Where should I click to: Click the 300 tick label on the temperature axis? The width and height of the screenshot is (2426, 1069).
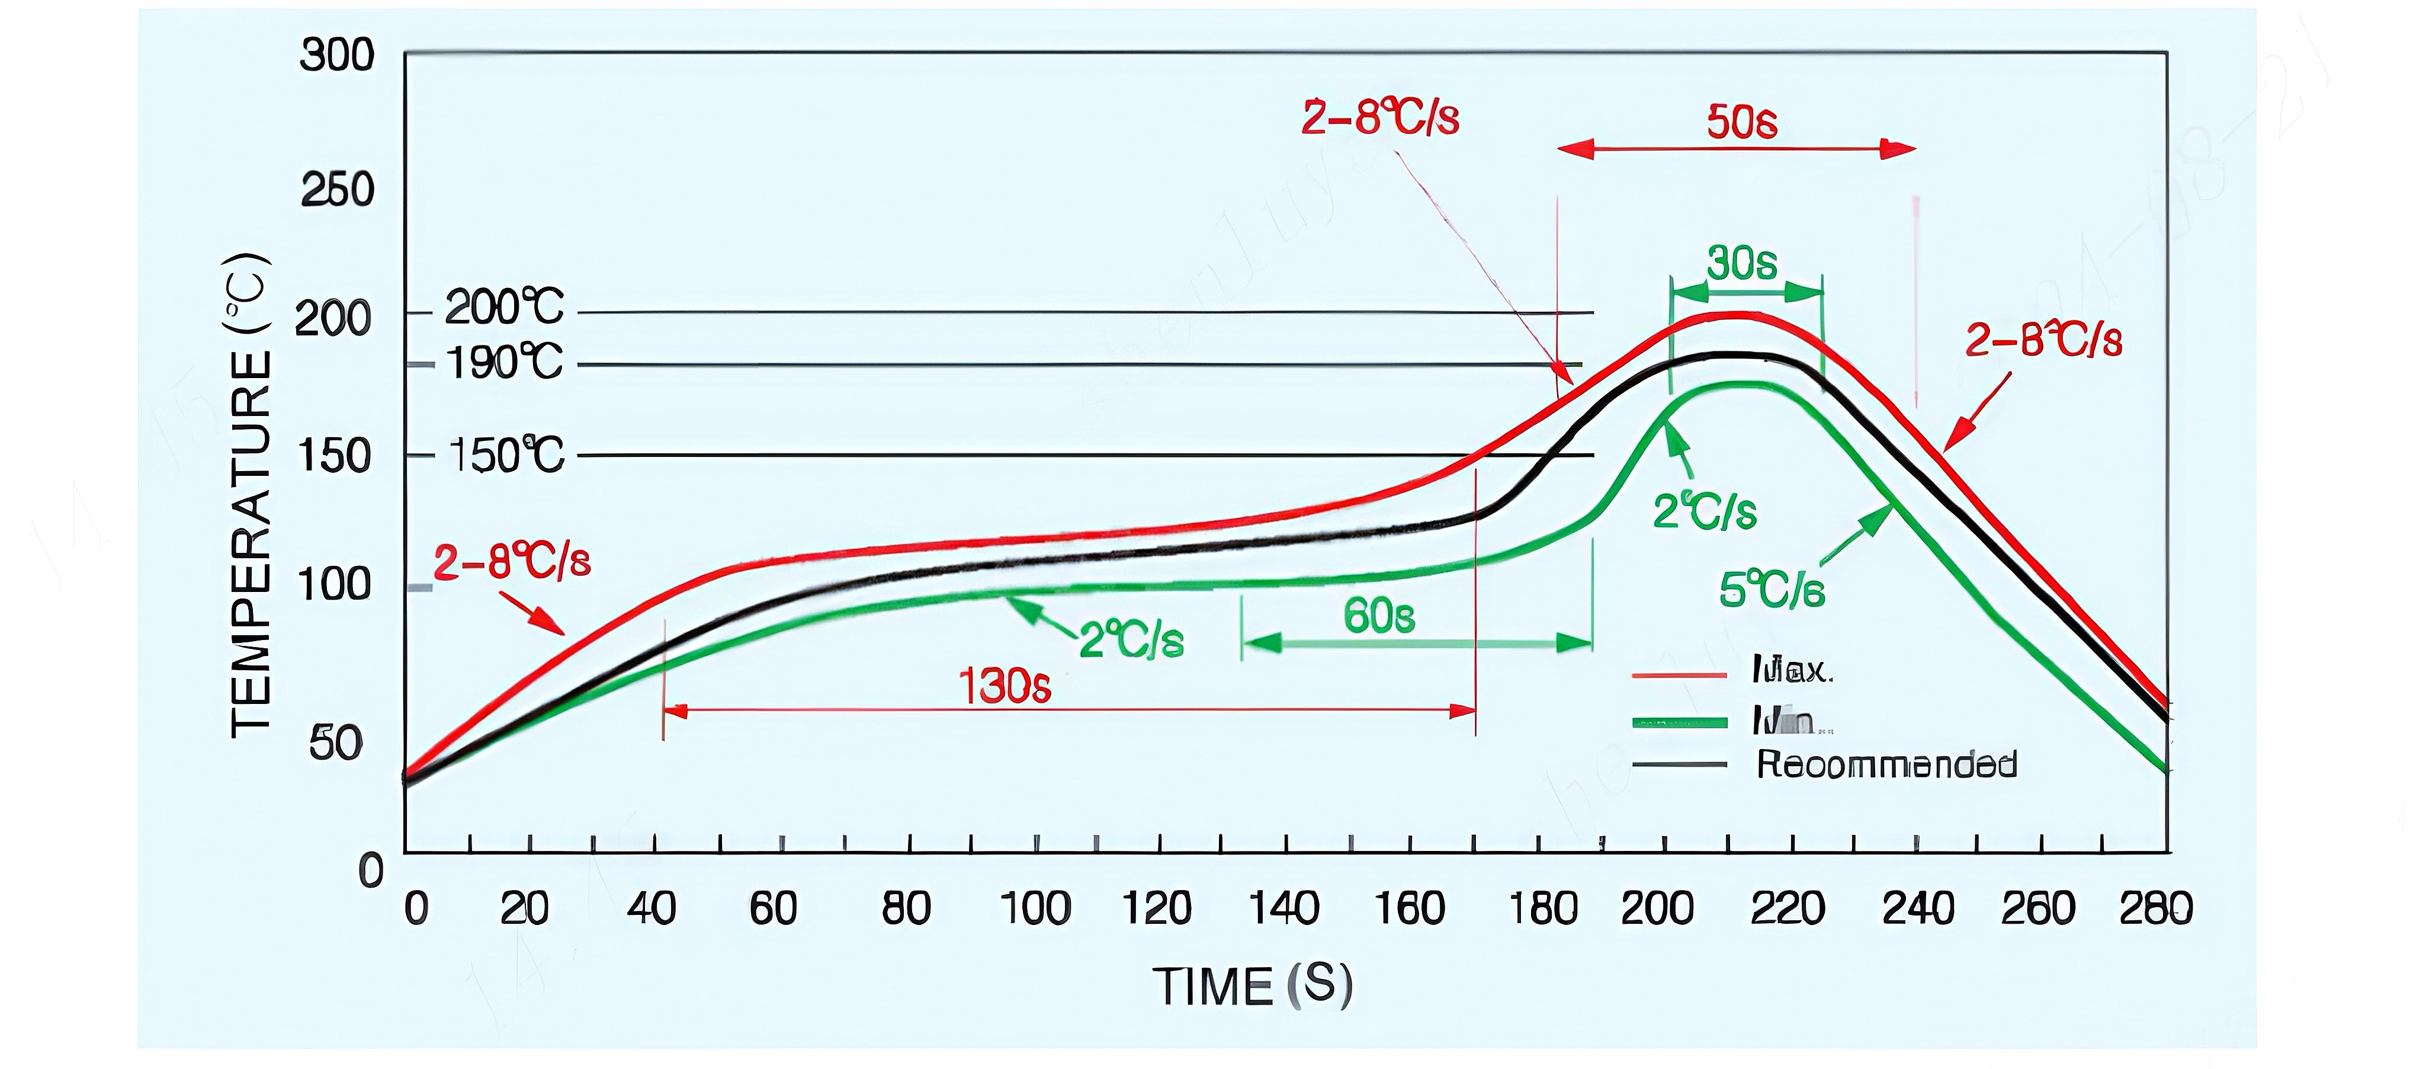coord(337,56)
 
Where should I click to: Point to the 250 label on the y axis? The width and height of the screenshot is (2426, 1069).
coord(337,191)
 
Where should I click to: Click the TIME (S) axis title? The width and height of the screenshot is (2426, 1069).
coord(1253,986)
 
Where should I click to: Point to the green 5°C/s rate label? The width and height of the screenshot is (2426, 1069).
coord(1772,591)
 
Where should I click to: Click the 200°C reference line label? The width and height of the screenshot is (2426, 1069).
coord(504,308)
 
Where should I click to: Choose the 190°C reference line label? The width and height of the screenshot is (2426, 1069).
coord(504,363)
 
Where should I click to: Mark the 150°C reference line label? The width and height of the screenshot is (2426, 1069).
coord(506,456)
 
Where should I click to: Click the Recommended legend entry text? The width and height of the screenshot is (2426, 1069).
coord(1886,764)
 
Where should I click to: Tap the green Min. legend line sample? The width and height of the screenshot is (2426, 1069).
coord(1679,722)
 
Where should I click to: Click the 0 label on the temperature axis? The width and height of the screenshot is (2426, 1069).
coord(371,871)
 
